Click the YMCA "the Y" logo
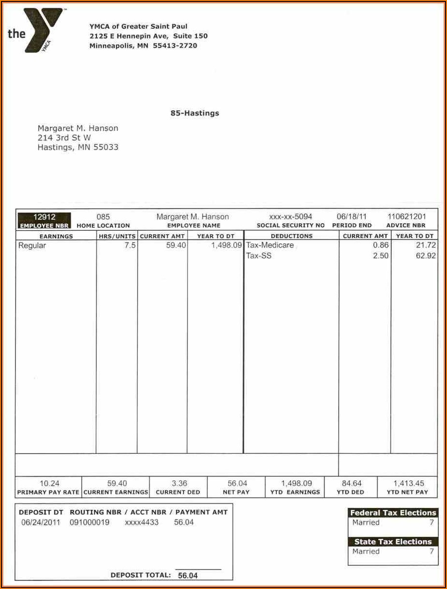point(37,30)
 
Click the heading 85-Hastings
point(194,113)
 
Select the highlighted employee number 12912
point(44,217)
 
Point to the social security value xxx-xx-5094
point(290,217)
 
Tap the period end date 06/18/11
point(351,217)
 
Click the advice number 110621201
point(406,217)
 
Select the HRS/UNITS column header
point(117,236)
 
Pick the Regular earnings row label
point(32,245)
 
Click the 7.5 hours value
point(130,245)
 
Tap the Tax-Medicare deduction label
point(270,245)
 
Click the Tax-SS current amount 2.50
point(381,255)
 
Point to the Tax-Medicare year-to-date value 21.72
point(426,245)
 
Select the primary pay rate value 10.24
point(49,483)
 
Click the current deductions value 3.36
point(179,483)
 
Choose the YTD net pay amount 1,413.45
point(408,483)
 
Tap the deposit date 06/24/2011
point(41,522)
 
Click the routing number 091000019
point(90,522)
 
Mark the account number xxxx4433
point(142,522)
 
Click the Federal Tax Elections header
point(393,512)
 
